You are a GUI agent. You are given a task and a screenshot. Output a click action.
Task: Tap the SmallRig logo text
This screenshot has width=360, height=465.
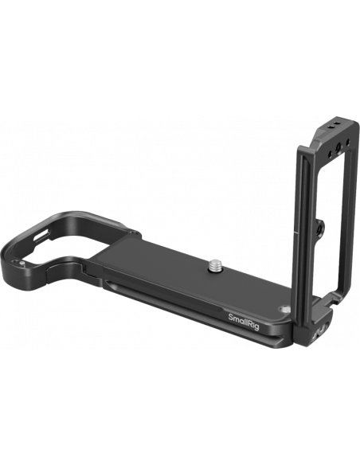point(244,322)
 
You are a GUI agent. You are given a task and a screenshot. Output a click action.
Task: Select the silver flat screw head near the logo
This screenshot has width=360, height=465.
point(284,310)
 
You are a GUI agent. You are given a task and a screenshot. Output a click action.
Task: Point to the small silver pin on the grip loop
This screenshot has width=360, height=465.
point(22,263)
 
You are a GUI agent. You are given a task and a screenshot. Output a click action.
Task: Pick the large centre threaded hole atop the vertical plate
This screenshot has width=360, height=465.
point(338,147)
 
